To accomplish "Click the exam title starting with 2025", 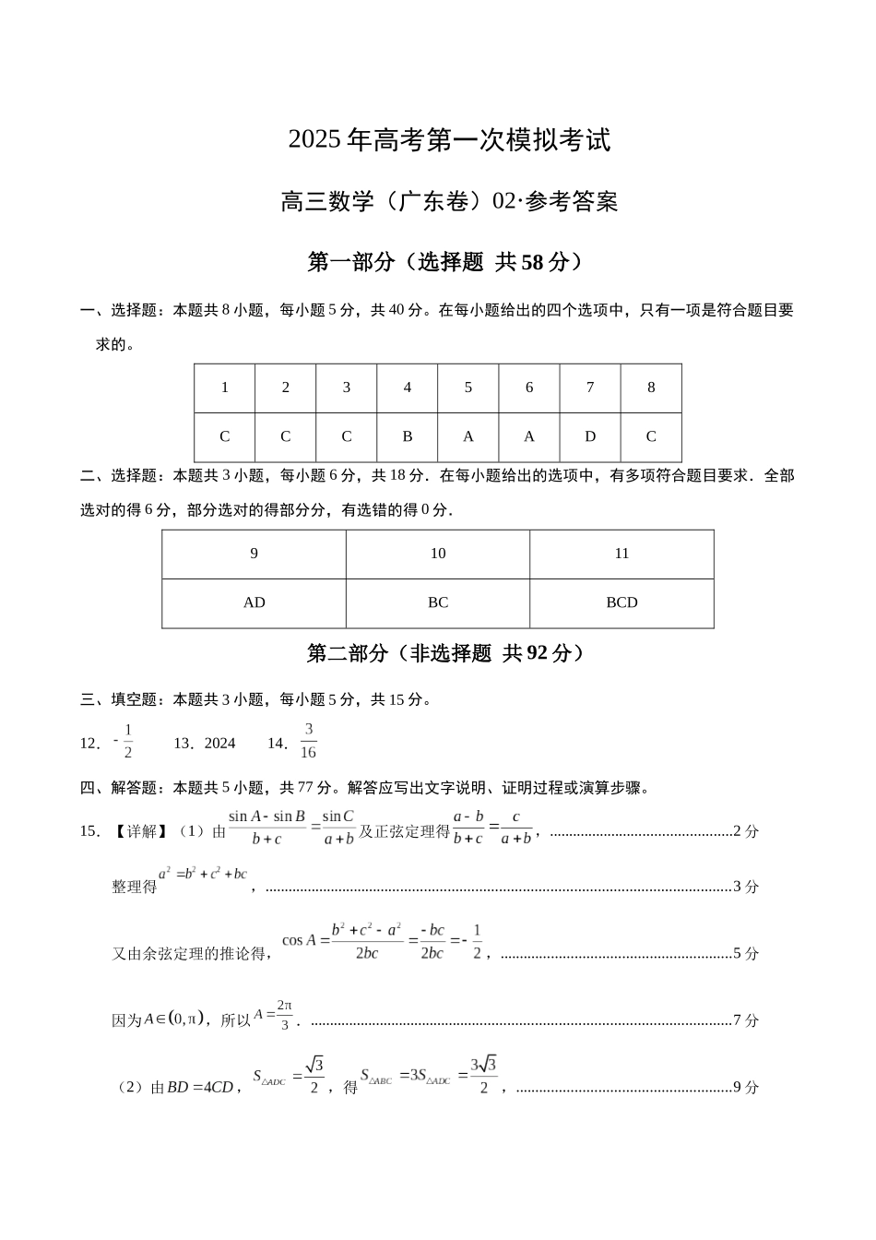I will tap(449, 140).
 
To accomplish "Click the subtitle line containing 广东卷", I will tap(449, 201).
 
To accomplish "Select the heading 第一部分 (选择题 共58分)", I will tap(446, 263).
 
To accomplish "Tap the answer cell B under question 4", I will tap(407, 437).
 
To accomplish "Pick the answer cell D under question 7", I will tap(590, 437).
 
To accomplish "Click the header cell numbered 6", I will tap(529, 387).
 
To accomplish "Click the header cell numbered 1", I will tap(224, 387).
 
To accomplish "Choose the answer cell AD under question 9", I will tap(254, 602).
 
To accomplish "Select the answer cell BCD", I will tap(621, 602).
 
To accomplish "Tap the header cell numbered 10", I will tap(438, 554).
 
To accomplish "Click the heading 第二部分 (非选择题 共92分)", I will tap(446, 654).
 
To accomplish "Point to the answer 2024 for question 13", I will tap(219, 744).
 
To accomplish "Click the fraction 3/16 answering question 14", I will tap(309, 741).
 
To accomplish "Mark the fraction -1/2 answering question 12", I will tap(124, 741).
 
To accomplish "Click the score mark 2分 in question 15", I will tap(745, 831).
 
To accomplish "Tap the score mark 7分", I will tap(745, 1020).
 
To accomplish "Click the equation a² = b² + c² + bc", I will tap(203, 874).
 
